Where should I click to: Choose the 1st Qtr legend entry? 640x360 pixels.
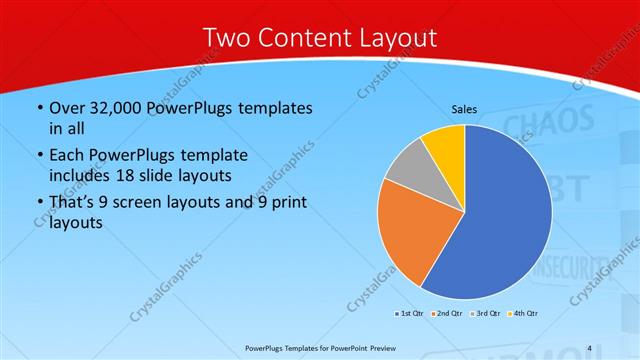[410, 314]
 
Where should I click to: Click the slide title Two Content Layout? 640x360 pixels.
[319, 38]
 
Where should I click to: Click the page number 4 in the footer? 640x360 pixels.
[590, 348]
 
